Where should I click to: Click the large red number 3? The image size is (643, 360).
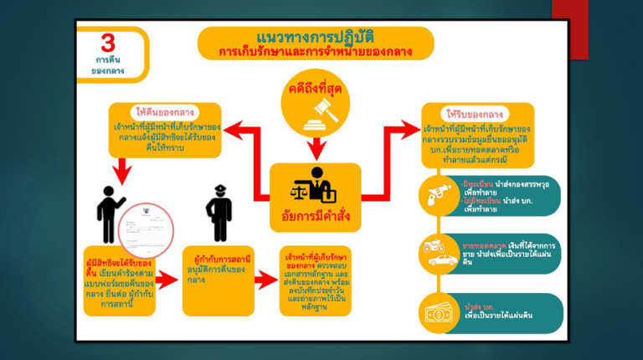coord(107,44)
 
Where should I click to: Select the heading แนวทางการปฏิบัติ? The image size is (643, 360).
coord(315,38)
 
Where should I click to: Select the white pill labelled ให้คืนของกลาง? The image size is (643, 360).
coord(165,112)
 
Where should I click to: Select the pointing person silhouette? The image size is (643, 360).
coord(112,213)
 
